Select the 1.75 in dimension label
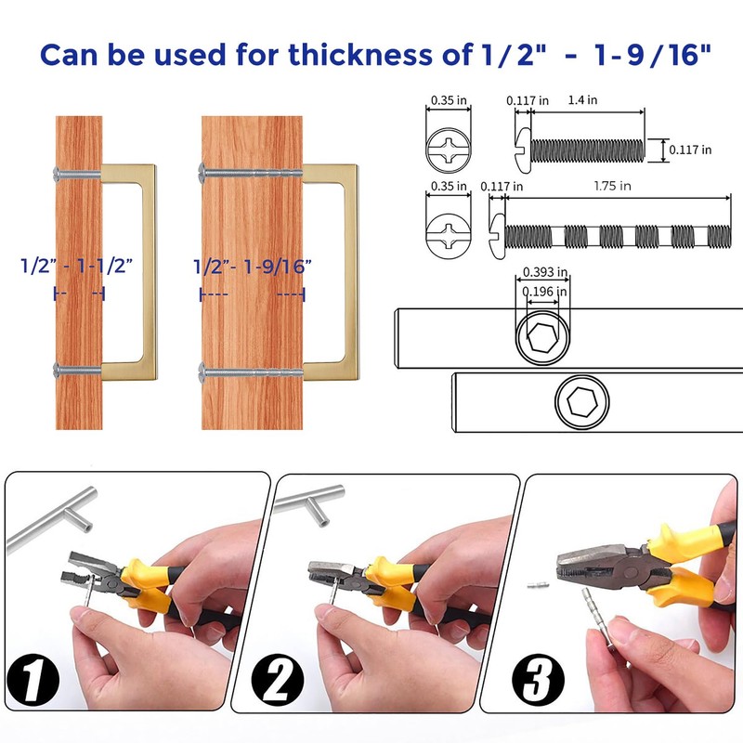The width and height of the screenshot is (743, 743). (x=613, y=186)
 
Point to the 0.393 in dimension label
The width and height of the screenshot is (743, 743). (x=544, y=272)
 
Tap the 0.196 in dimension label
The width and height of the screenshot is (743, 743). (x=544, y=292)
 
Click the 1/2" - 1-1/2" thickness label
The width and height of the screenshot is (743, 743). (x=78, y=266)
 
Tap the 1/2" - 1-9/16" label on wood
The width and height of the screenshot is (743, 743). (x=252, y=266)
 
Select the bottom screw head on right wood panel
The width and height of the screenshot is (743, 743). (x=202, y=374)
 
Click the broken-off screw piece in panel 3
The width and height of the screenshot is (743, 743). (x=533, y=587)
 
